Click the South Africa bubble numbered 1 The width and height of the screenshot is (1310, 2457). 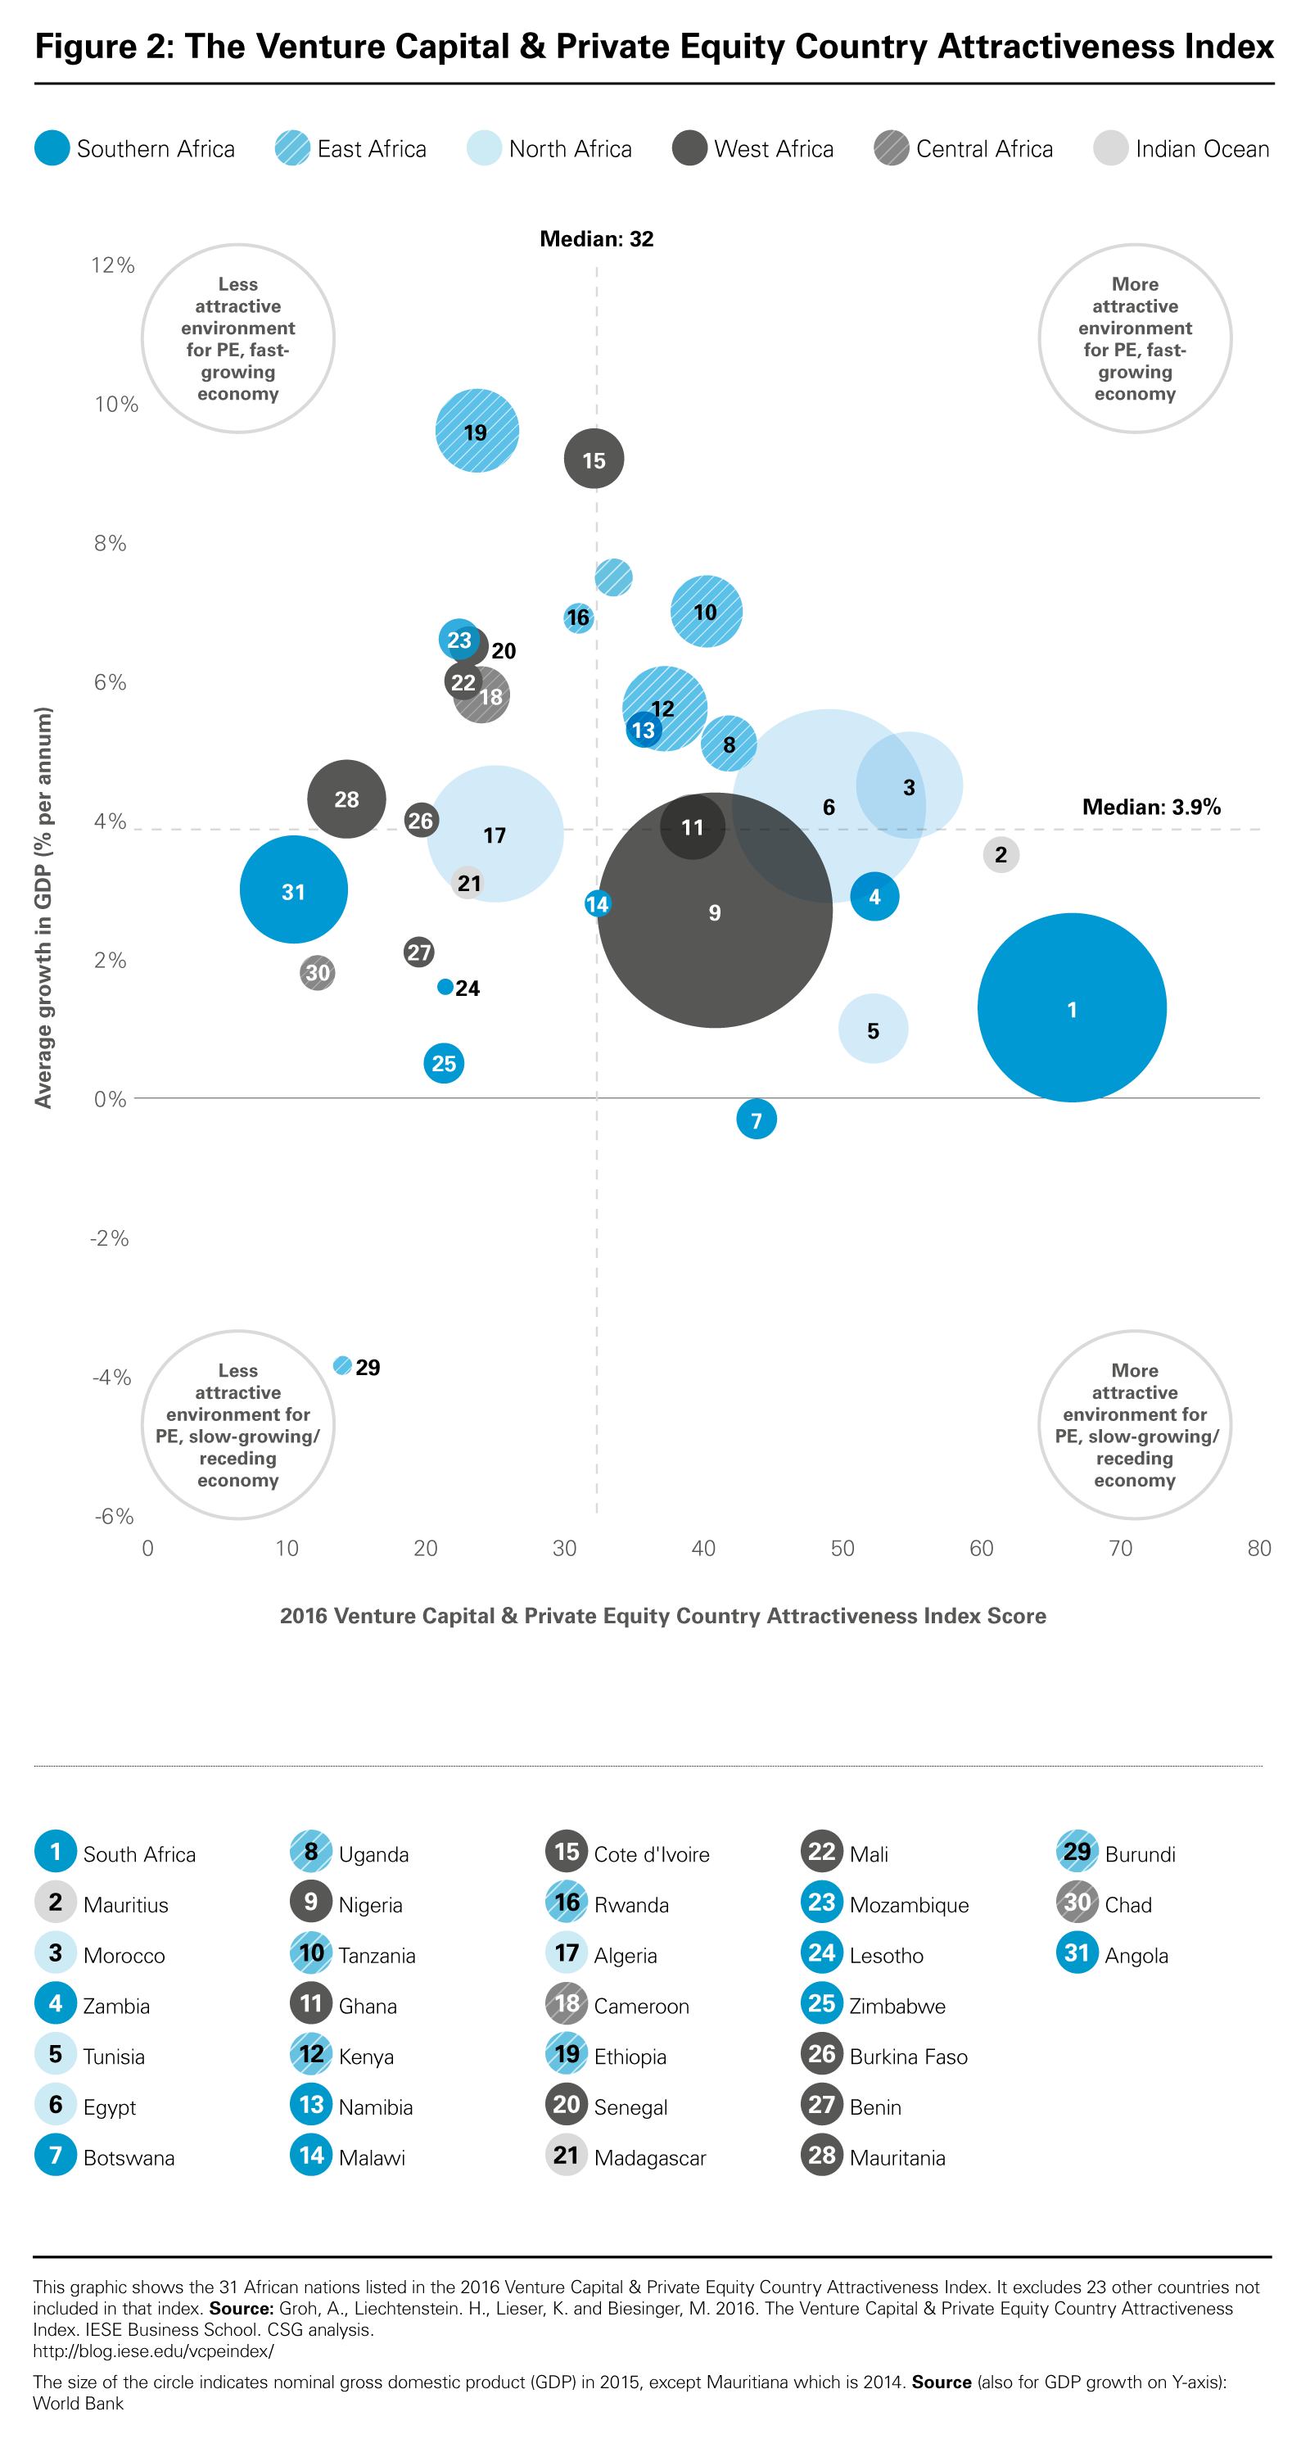click(1071, 1007)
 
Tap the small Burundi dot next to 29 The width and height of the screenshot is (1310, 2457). click(342, 1366)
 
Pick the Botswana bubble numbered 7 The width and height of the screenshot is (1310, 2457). click(756, 1119)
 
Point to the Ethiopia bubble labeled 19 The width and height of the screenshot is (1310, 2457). click(477, 431)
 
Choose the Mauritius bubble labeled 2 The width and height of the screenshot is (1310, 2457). click(1001, 853)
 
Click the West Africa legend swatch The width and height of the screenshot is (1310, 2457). click(689, 149)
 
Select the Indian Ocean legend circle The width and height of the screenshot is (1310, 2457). click(1109, 149)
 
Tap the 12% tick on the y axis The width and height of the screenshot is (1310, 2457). click(112, 265)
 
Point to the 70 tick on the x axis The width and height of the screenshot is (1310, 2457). click(1120, 1548)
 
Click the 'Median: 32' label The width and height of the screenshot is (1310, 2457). click(596, 238)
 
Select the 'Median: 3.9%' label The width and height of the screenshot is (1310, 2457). click(1151, 807)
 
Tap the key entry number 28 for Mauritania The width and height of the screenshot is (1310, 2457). click(821, 2156)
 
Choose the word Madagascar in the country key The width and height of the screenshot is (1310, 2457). click(649, 2157)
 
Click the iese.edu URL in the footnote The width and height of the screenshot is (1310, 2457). click(152, 2351)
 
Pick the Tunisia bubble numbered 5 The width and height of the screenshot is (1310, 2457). click(873, 1029)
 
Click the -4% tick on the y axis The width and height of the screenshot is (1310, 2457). click(111, 1378)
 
